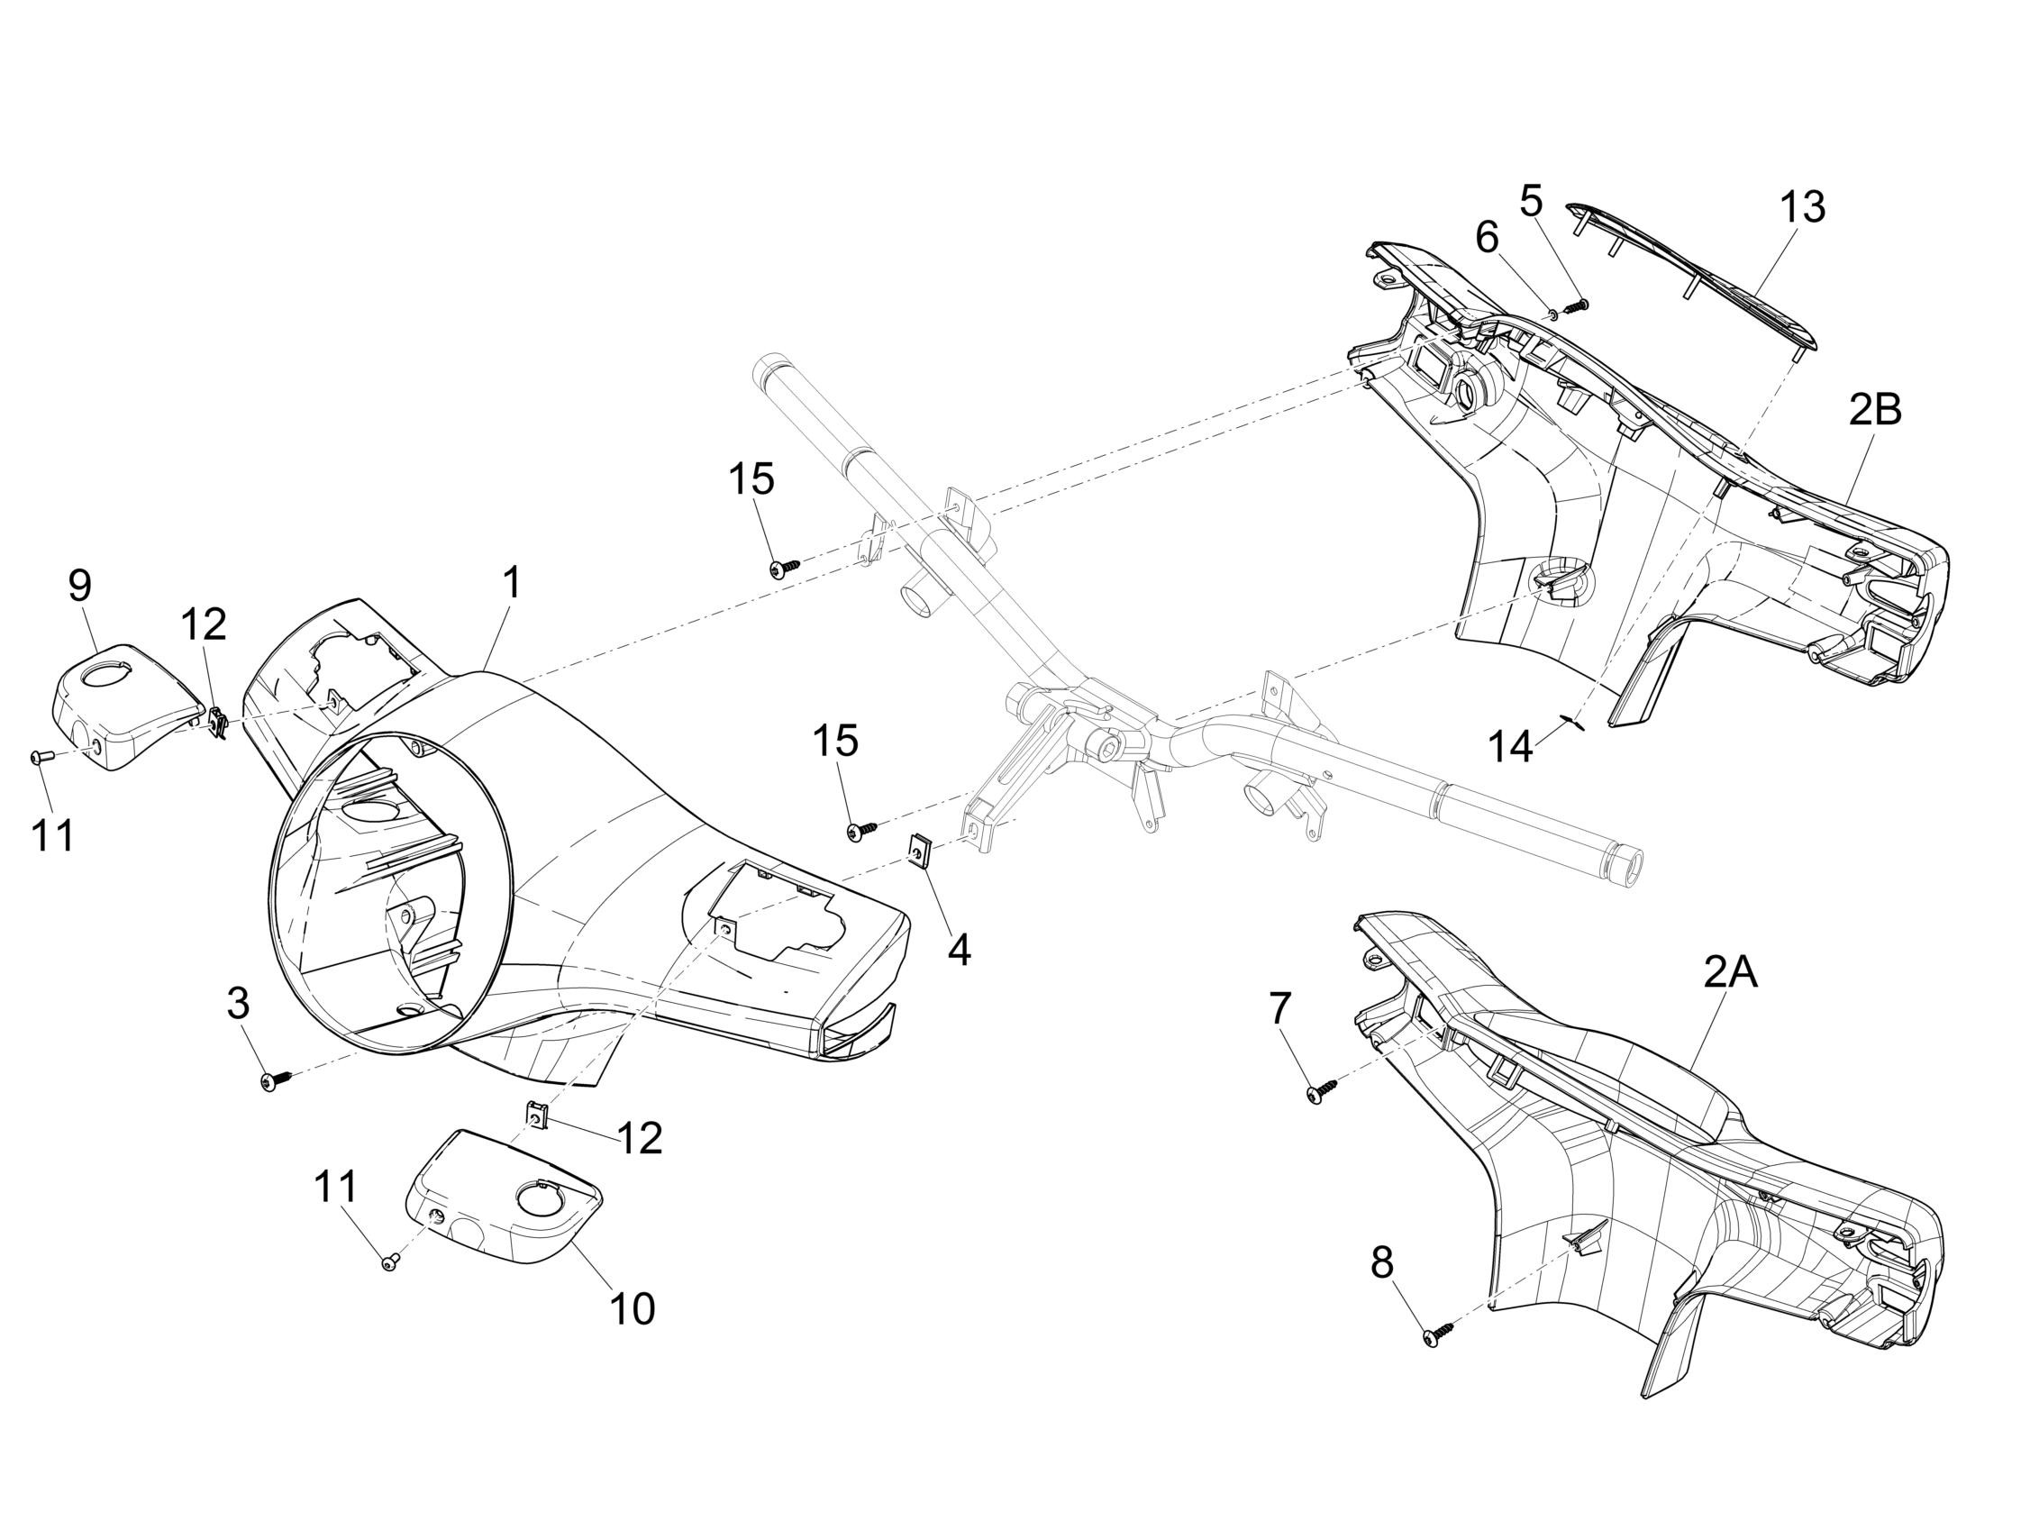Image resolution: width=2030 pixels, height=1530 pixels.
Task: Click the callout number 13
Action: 1801,207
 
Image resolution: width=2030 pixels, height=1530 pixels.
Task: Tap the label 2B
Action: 1875,410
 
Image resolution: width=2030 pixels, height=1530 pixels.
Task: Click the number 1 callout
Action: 511,583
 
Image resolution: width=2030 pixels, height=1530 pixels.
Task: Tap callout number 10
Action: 633,1310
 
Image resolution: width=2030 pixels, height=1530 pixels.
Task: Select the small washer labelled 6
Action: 1551,314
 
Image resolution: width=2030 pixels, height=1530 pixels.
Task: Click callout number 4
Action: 959,950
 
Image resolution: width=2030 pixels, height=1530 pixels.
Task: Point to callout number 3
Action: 238,1003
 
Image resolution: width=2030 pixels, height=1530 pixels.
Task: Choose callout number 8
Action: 1381,1264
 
